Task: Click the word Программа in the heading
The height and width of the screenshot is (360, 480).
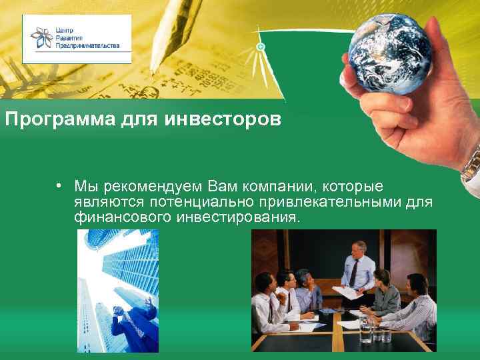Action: [x=43, y=120]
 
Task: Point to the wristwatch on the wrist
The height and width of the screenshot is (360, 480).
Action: [x=472, y=160]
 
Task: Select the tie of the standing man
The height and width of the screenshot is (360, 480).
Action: [x=354, y=271]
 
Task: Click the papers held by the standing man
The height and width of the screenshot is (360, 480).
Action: [x=346, y=291]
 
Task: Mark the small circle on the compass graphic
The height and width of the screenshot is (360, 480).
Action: [x=261, y=47]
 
